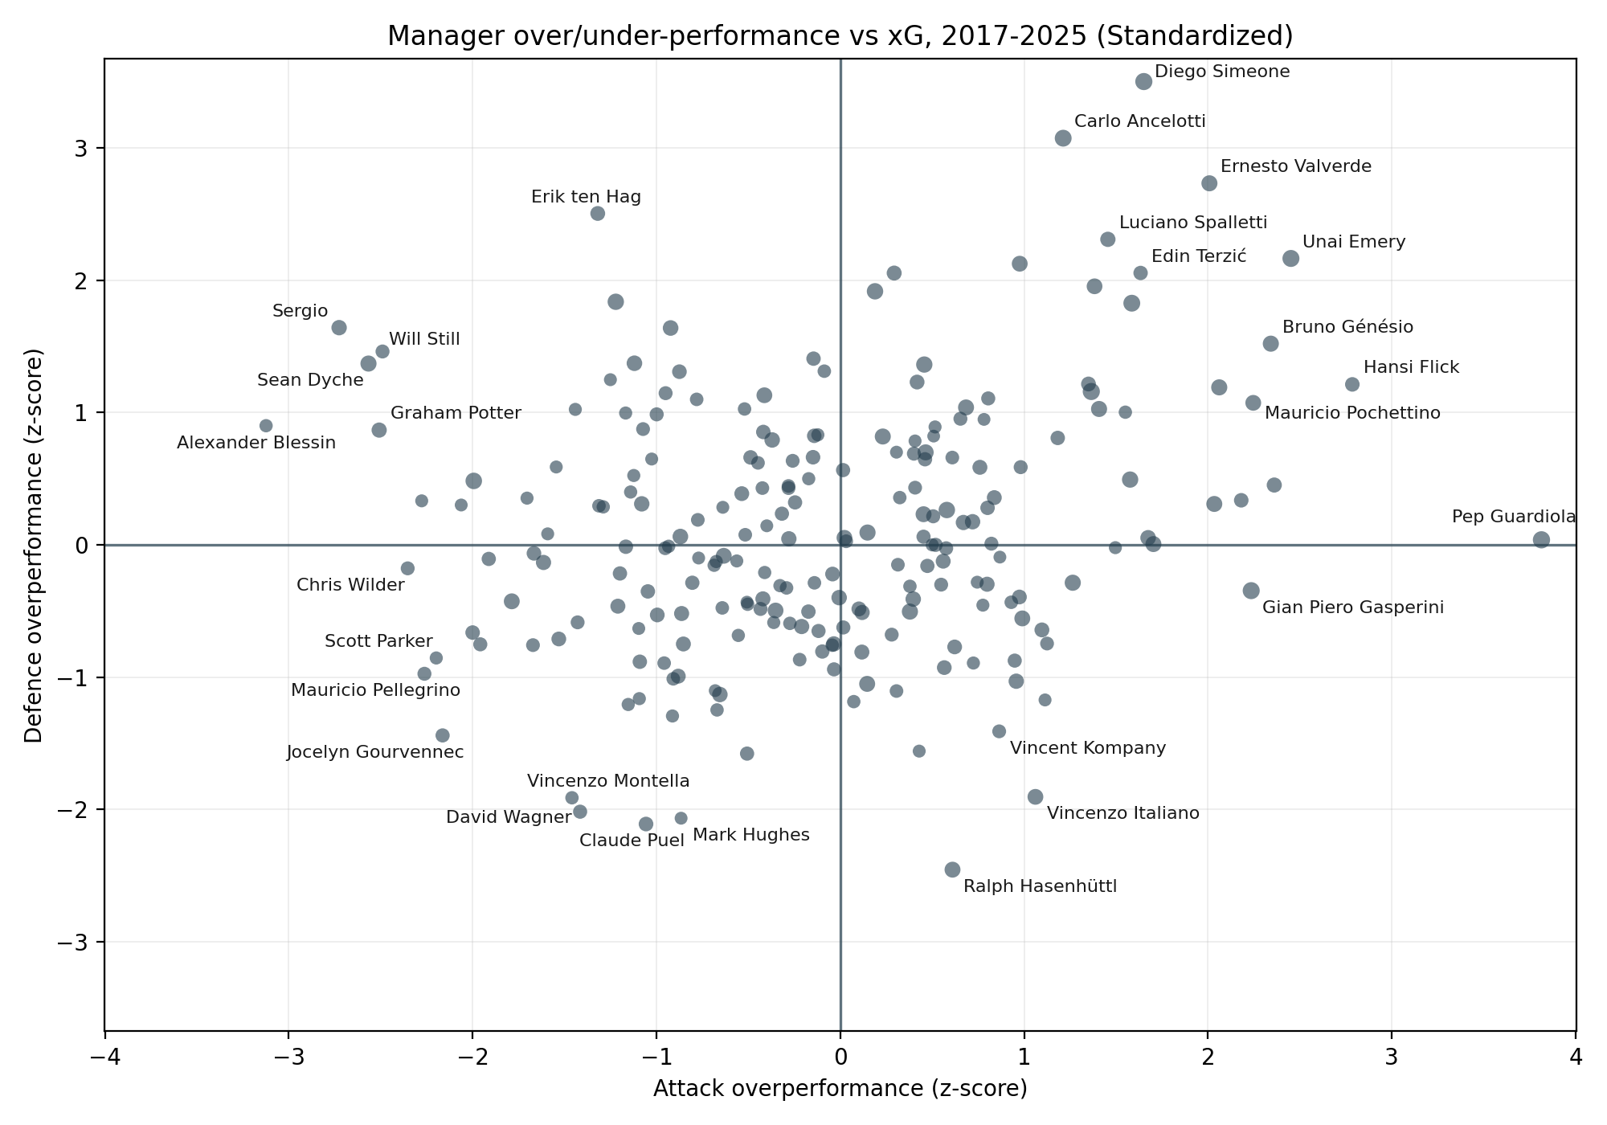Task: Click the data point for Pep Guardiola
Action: coord(1541,540)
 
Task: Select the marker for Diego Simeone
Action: coord(1144,81)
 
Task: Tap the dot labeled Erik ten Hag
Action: coord(598,214)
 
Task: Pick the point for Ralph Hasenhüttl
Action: coord(952,869)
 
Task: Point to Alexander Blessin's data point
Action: coord(266,426)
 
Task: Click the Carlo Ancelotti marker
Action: coord(1063,138)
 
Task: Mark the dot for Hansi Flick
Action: coord(1352,385)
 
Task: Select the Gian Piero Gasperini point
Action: coord(1251,591)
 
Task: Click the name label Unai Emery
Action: coord(1354,243)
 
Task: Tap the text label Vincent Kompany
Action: coord(1088,749)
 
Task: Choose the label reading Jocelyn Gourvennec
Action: coord(375,753)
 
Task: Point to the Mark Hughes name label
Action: coord(751,836)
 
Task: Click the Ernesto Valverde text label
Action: coord(1296,167)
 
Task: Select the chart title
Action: coord(840,36)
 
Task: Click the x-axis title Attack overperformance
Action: coord(840,1089)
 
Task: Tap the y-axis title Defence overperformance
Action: coord(34,545)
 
